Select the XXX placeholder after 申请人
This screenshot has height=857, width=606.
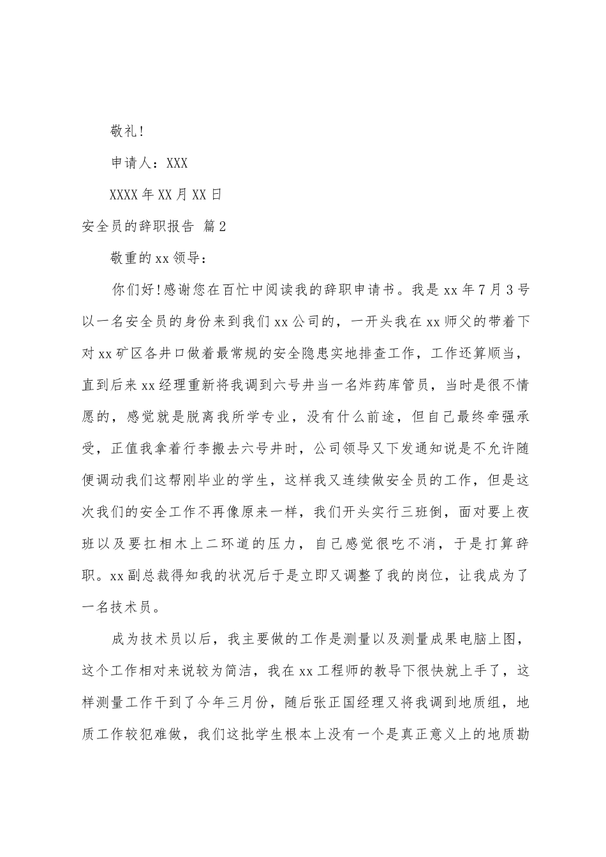(x=177, y=163)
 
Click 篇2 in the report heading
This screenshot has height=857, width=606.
(x=214, y=226)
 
